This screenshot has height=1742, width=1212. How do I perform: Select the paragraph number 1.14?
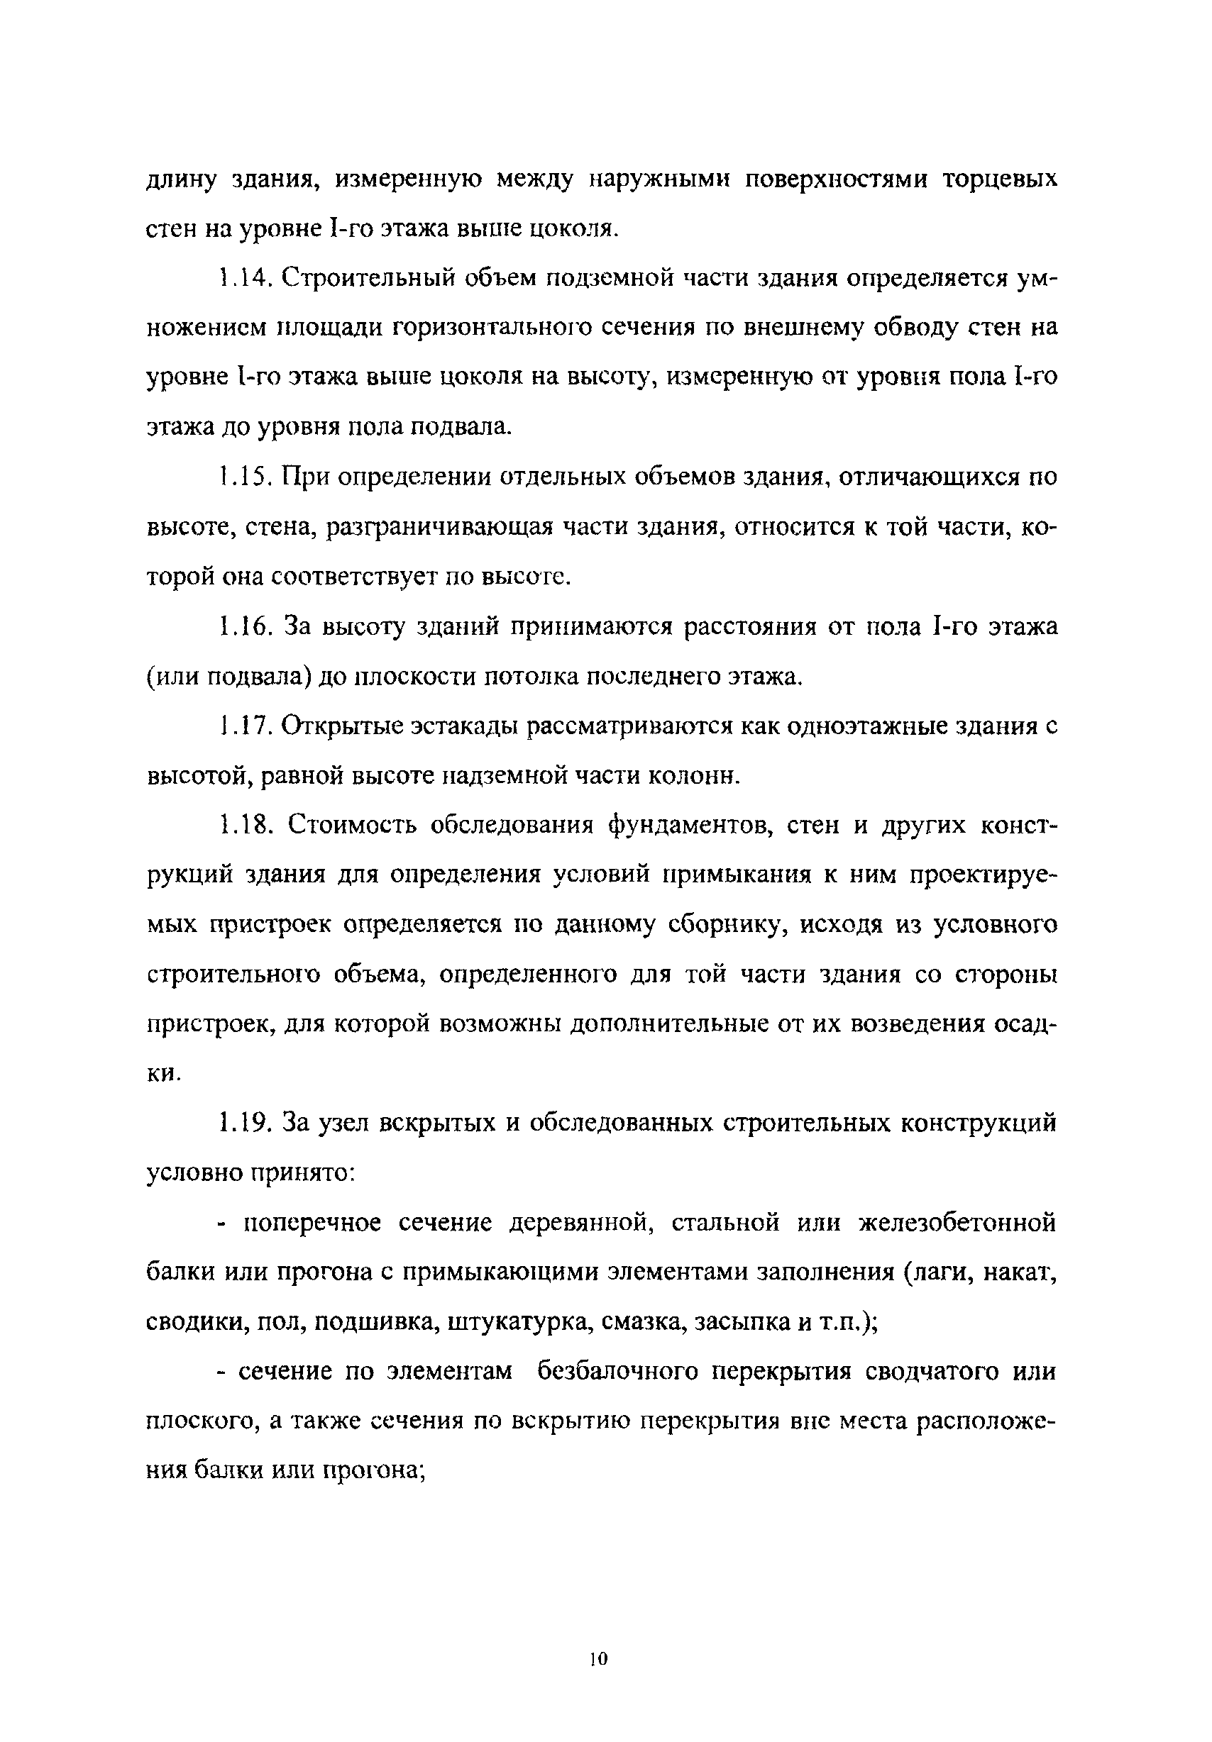(x=241, y=279)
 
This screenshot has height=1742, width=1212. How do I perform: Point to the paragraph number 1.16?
(x=241, y=627)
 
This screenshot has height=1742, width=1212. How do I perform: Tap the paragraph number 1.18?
(x=242, y=825)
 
